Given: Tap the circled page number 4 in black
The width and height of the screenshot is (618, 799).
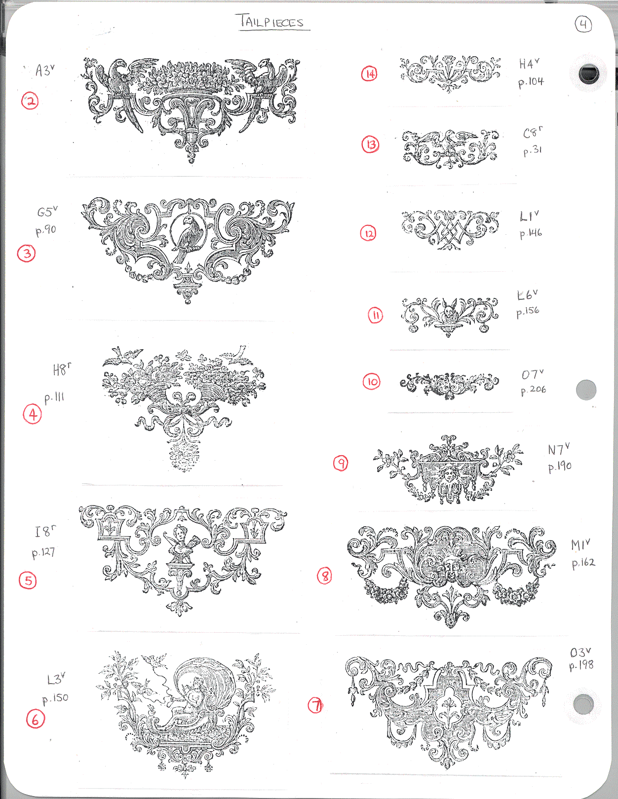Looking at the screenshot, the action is pyautogui.click(x=583, y=25).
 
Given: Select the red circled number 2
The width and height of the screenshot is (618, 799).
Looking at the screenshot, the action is pyautogui.click(x=30, y=101).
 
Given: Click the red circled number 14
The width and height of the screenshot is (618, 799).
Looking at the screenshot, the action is pyautogui.click(x=369, y=74).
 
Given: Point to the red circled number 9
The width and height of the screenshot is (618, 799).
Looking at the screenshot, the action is pyautogui.click(x=341, y=463).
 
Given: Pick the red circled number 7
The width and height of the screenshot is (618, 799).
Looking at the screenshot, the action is pyautogui.click(x=315, y=705).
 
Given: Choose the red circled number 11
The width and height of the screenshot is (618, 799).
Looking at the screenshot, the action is pyautogui.click(x=376, y=315).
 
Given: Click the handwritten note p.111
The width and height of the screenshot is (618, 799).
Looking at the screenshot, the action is pyautogui.click(x=54, y=398).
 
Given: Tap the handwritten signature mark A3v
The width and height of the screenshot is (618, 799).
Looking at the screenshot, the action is pyautogui.click(x=45, y=70).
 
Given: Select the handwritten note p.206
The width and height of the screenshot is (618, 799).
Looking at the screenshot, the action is pyautogui.click(x=534, y=390).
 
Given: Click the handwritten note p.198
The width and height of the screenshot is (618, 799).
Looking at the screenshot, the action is pyautogui.click(x=581, y=665).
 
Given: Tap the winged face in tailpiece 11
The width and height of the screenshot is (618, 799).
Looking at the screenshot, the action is pyautogui.click(x=448, y=312).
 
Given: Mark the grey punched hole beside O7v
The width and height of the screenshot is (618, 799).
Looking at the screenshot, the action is pyautogui.click(x=586, y=390).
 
